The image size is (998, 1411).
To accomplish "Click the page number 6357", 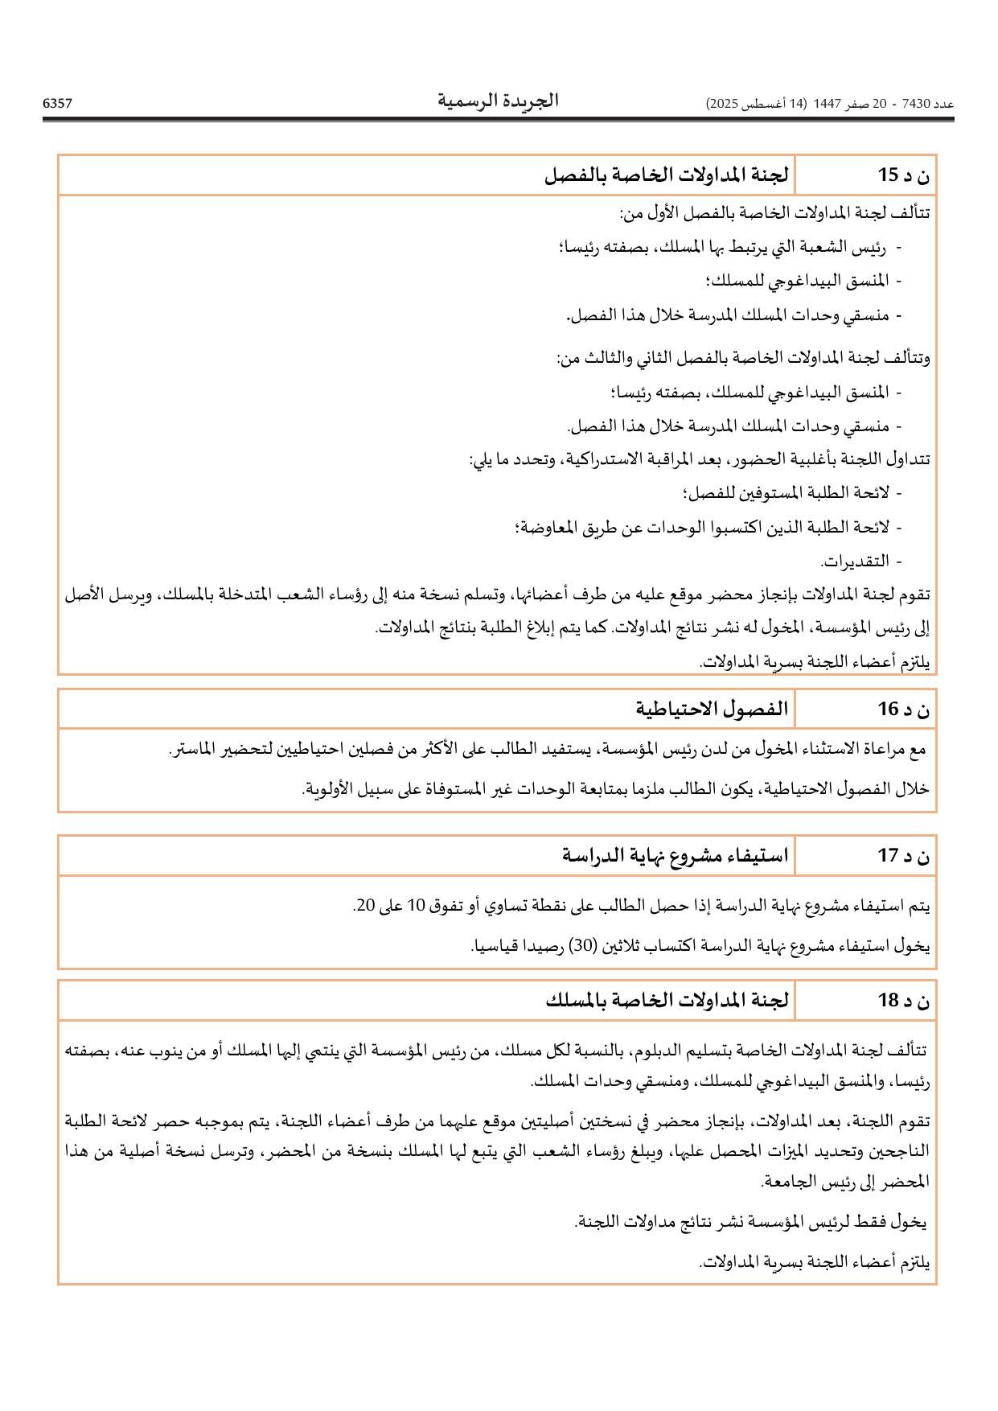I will [57, 103].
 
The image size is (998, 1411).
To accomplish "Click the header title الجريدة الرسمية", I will [498, 101].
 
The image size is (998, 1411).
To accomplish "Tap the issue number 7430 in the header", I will [916, 104].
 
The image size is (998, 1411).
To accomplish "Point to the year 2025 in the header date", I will [723, 104].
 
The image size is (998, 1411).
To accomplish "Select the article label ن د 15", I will [903, 175].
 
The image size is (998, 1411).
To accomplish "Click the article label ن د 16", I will [903, 709].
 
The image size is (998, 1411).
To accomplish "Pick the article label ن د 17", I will [903, 855].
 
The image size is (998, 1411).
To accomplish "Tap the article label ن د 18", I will [903, 1000].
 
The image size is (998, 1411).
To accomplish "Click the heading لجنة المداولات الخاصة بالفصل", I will [667, 175].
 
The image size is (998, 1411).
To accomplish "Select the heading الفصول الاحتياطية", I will [712, 709].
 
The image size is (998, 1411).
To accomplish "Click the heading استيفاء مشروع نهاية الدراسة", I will [676, 855].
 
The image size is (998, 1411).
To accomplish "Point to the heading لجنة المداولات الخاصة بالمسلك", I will [667, 1000].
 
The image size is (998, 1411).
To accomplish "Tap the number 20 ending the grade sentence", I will [365, 906].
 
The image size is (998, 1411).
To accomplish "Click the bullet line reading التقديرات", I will [855, 561].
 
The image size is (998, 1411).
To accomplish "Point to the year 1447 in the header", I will [827, 104].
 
